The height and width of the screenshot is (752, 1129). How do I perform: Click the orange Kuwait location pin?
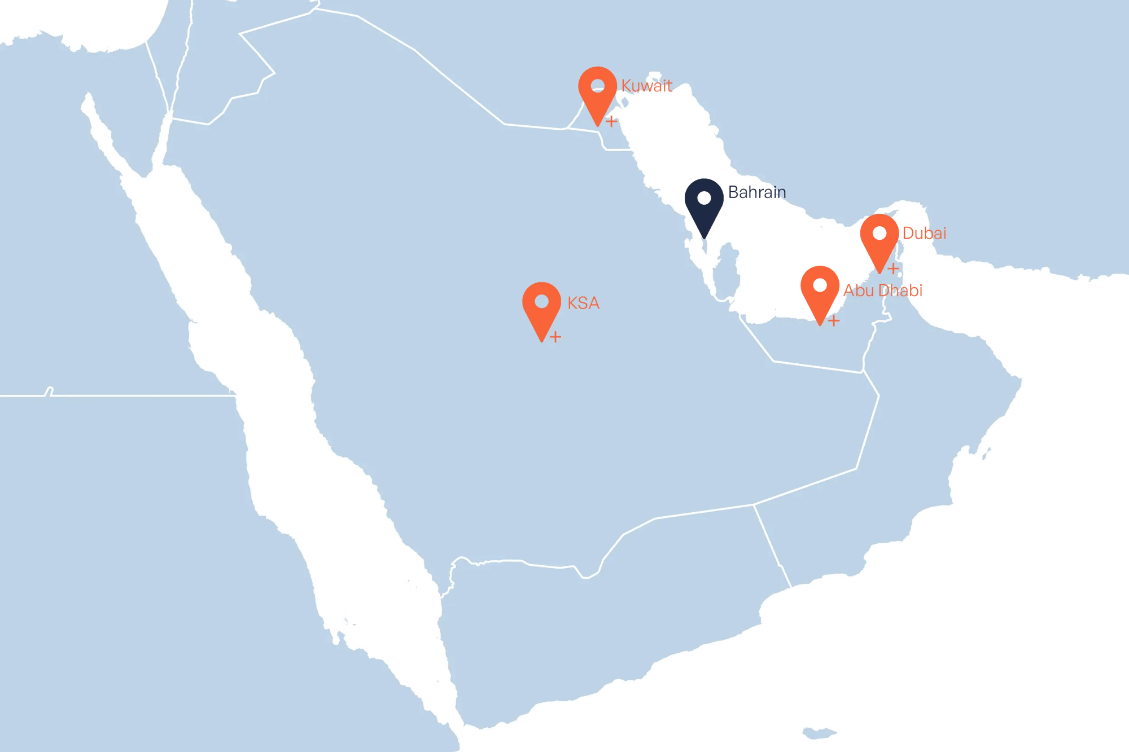pyautogui.click(x=597, y=93)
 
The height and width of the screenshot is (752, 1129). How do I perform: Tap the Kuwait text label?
pyautogui.click(x=646, y=86)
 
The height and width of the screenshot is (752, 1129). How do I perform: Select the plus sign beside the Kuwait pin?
pyautogui.click(x=611, y=121)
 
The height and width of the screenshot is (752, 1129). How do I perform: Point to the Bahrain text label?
pyautogui.click(x=756, y=192)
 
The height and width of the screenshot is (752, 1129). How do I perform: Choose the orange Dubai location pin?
pyautogui.click(x=879, y=240)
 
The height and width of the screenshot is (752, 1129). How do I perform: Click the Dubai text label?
pyautogui.click(x=924, y=233)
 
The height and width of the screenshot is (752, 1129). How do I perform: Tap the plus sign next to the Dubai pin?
pyautogui.click(x=893, y=269)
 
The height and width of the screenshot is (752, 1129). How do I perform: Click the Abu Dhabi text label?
pyautogui.click(x=883, y=291)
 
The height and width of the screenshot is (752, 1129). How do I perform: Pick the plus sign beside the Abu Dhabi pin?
pyautogui.click(x=834, y=320)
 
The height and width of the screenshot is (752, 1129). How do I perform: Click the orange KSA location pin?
pyautogui.click(x=541, y=309)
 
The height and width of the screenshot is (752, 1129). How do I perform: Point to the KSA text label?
pyautogui.click(x=583, y=304)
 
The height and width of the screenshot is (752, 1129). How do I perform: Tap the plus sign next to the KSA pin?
pyautogui.click(x=555, y=337)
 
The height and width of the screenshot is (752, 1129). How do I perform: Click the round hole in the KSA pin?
pyautogui.click(x=541, y=301)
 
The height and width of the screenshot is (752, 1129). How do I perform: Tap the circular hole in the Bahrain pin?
pyautogui.click(x=704, y=198)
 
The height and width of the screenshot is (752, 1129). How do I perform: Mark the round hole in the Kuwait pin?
pyautogui.click(x=597, y=86)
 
